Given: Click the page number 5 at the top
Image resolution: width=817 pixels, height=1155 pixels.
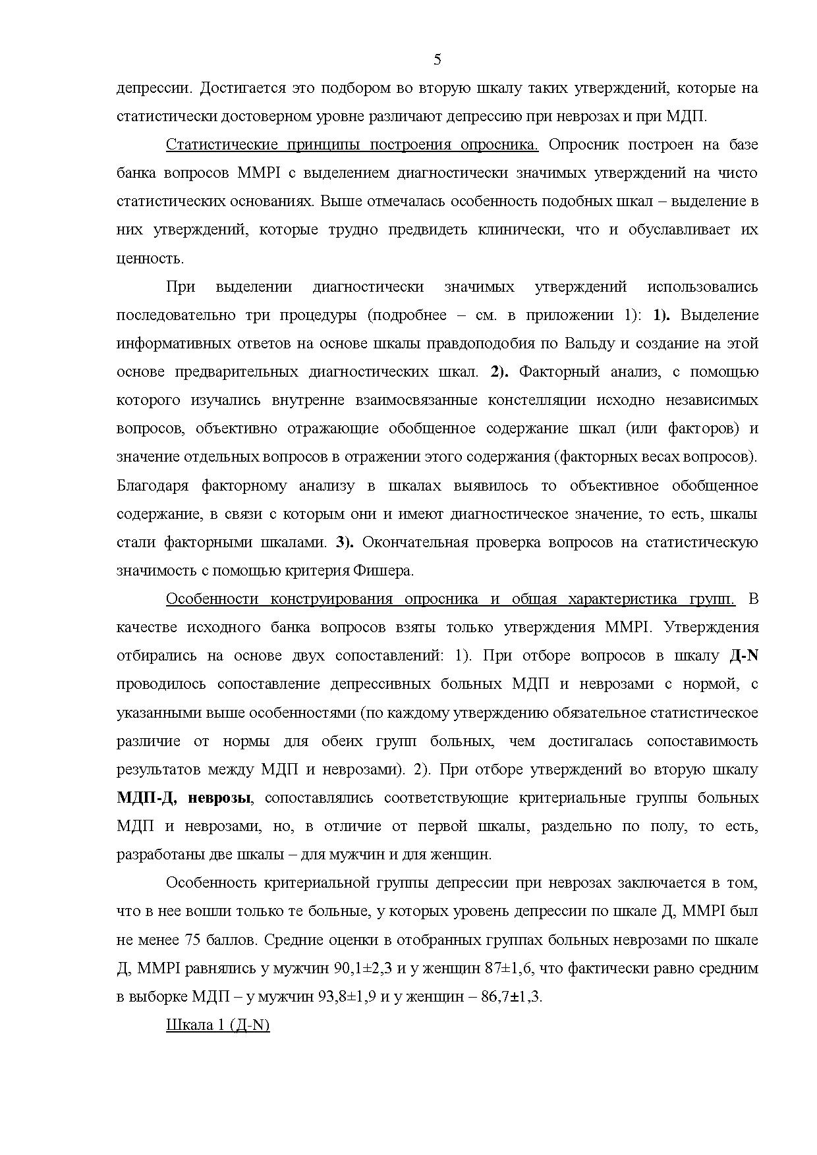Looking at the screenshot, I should click(437, 61).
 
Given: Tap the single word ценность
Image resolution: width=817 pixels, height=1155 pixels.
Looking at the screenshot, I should click(150, 259).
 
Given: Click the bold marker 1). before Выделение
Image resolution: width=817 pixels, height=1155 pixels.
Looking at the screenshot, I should click(661, 315).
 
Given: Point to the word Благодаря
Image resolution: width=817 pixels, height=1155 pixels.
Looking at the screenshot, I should click(152, 486).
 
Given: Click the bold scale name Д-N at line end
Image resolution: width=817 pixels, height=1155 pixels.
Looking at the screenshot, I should click(744, 656).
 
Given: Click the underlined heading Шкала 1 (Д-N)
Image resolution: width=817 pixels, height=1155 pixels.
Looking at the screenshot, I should click(218, 1026).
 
